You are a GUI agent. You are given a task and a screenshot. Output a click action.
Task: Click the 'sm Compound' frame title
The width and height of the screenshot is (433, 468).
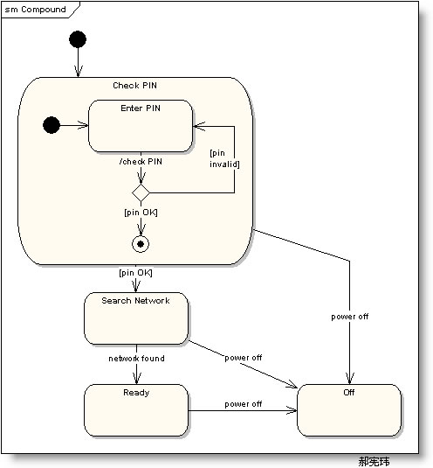[x=35, y=10]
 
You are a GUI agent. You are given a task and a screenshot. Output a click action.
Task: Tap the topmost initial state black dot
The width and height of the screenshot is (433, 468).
[x=78, y=39]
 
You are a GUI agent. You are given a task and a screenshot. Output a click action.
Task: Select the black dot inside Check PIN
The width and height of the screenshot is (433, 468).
[x=52, y=125]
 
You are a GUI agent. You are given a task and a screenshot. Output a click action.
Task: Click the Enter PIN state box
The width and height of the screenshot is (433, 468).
[x=141, y=126]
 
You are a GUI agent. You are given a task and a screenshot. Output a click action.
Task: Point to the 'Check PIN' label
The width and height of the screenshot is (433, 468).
[x=134, y=86]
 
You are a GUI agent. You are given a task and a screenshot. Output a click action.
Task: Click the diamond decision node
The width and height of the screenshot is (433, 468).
[x=141, y=193]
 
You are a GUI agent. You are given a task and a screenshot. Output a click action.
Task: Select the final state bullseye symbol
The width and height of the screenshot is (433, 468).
[x=141, y=244]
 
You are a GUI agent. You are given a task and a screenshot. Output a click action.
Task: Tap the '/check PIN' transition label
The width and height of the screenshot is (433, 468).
[x=141, y=162]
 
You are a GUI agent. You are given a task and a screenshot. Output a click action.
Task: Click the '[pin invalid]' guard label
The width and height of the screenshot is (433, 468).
[x=224, y=158]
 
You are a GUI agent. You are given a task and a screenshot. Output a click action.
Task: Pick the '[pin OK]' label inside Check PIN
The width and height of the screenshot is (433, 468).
[x=141, y=213]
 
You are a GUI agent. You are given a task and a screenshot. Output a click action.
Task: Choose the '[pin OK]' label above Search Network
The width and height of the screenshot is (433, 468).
[x=135, y=273]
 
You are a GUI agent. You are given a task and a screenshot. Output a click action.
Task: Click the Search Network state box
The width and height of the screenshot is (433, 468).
[x=136, y=318]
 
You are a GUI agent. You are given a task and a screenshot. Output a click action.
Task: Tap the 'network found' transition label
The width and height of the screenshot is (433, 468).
[x=136, y=358]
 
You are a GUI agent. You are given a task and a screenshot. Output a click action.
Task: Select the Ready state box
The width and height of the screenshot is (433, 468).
[x=136, y=410]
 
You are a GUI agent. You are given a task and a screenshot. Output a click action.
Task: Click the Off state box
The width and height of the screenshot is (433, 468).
[x=349, y=410]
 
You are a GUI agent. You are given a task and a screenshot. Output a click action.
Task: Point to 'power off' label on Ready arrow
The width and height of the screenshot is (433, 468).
[x=244, y=404]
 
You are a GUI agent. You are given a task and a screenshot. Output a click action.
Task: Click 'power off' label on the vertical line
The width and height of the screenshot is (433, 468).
[x=349, y=317]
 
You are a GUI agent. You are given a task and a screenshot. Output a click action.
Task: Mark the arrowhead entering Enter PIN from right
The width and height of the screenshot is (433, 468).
[x=199, y=126]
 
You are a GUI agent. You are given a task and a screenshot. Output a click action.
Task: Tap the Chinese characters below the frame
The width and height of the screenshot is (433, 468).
[x=374, y=461]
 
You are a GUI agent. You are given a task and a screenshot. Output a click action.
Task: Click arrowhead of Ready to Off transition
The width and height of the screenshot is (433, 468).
[x=292, y=410]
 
